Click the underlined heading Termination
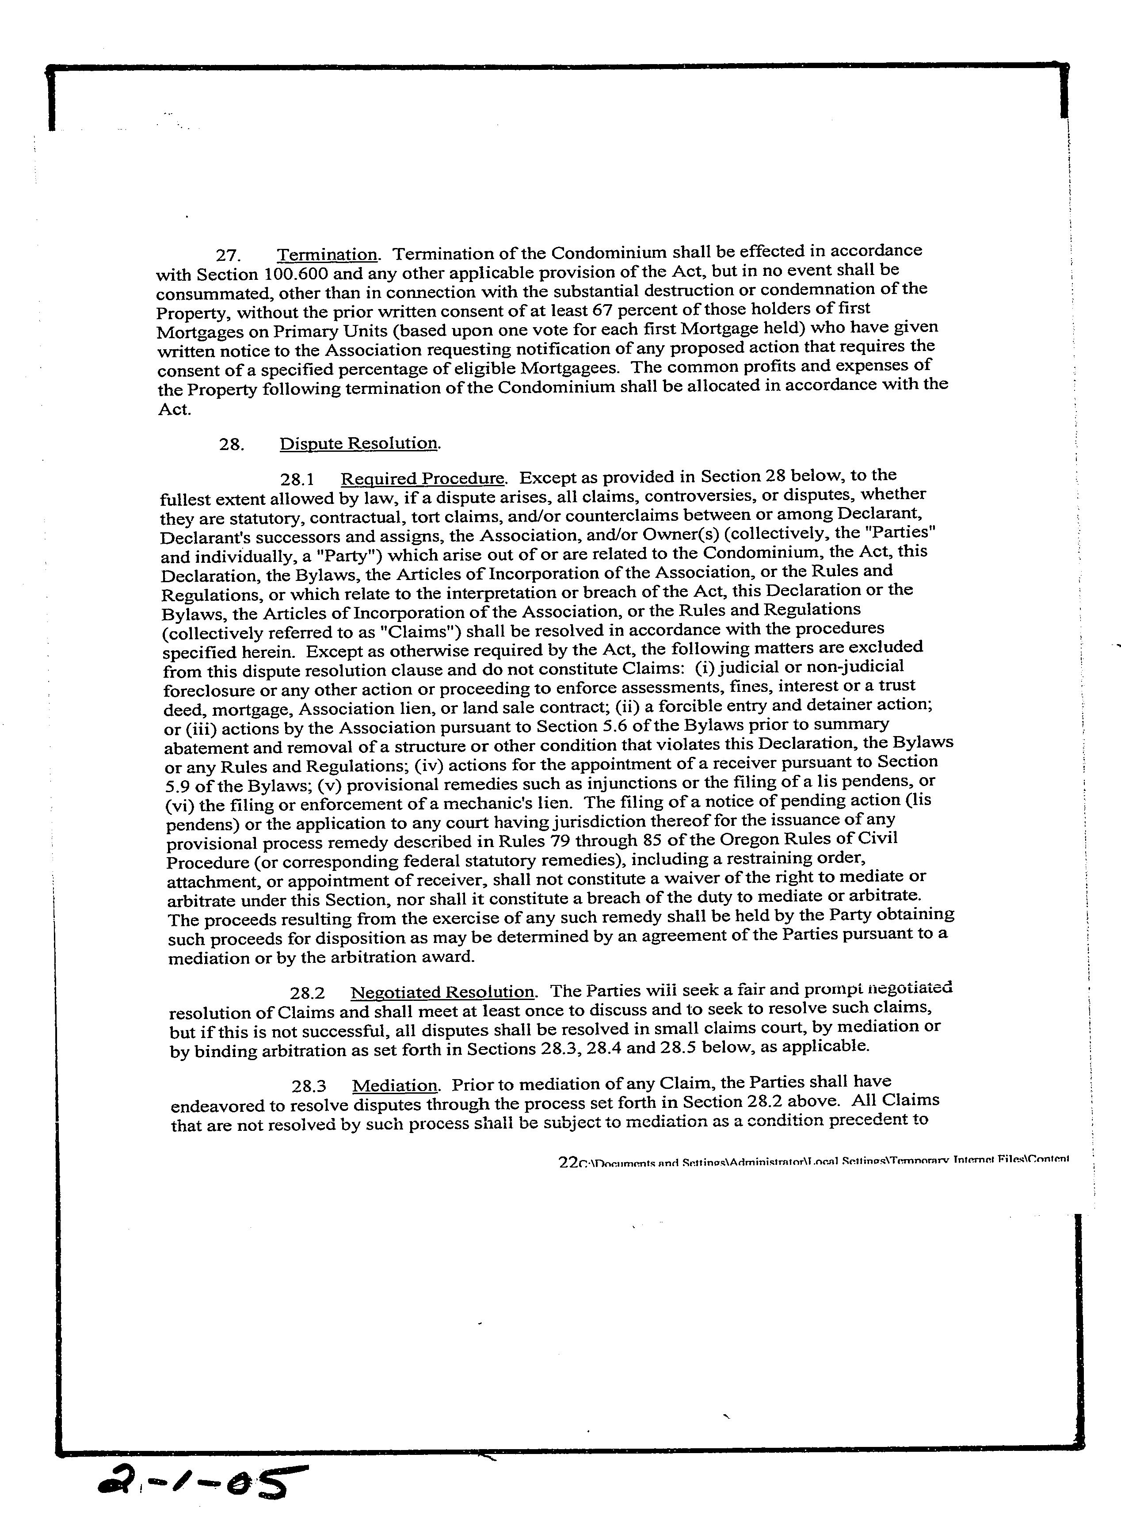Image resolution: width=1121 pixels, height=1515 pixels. [x=327, y=255]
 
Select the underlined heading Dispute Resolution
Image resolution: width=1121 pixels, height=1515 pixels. [x=359, y=444]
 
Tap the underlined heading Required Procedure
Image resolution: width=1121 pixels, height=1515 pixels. [x=422, y=478]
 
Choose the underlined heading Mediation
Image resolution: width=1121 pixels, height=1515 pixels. [x=395, y=1086]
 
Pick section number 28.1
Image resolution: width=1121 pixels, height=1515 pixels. [x=297, y=480]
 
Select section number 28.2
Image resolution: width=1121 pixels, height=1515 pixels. [x=307, y=994]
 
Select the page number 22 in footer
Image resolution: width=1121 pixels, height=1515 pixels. [x=567, y=1162]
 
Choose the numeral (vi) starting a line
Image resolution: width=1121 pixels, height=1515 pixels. [x=180, y=805]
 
